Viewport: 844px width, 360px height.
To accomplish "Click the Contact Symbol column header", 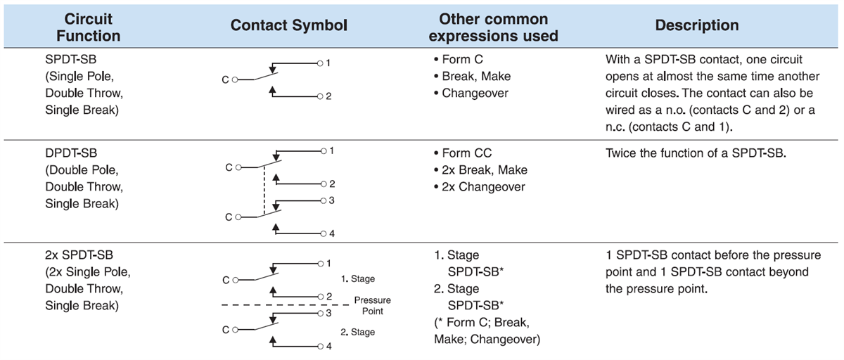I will click(289, 26).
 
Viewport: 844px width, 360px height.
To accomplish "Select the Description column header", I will click(696, 26).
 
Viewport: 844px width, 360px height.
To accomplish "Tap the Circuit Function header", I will click(88, 26).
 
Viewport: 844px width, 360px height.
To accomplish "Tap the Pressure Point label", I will click(372, 304).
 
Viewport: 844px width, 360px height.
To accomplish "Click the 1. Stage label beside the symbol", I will click(357, 279).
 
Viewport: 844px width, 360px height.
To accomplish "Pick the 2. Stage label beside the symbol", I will click(357, 331).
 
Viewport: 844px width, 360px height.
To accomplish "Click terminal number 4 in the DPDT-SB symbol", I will click(331, 233).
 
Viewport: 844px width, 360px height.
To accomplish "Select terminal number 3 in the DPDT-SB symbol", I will click(331, 201).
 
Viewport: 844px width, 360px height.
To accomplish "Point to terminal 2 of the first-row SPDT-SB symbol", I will click(328, 96).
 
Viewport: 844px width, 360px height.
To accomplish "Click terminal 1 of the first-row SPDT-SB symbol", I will click(328, 63).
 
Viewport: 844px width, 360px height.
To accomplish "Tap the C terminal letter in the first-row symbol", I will click(225, 80).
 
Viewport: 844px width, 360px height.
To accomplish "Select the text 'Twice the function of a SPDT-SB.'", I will click(695, 153).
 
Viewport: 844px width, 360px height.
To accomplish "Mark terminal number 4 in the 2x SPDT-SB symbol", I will click(328, 347).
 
